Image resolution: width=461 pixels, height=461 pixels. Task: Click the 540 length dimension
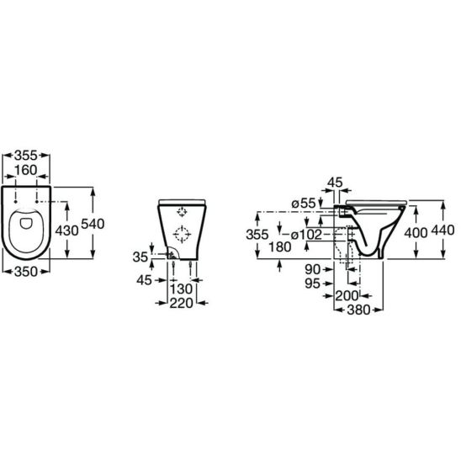coord(93,224)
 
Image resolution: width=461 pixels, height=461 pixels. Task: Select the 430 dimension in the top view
coord(67,231)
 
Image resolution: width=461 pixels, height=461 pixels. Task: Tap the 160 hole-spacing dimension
coord(26,170)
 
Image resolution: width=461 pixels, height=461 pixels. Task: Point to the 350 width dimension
coord(26,272)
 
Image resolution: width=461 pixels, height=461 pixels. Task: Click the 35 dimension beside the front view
coord(140,257)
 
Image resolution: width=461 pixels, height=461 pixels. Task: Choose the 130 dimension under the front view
coord(182,289)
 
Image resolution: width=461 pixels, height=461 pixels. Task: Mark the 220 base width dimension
coord(182,303)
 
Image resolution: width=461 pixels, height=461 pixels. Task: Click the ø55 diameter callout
coord(304,203)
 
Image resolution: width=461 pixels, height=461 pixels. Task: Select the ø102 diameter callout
coord(306,235)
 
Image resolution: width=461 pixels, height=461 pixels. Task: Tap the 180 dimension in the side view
coord(280,247)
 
